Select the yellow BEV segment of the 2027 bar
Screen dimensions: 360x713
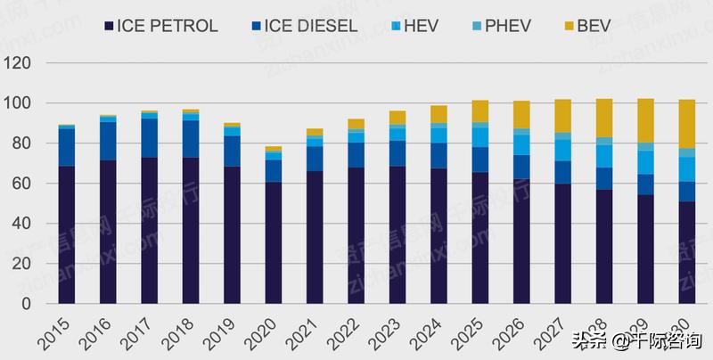[561, 116]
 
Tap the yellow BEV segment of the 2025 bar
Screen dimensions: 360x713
[479, 110]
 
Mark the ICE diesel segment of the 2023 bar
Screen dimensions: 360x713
[397, 153]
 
